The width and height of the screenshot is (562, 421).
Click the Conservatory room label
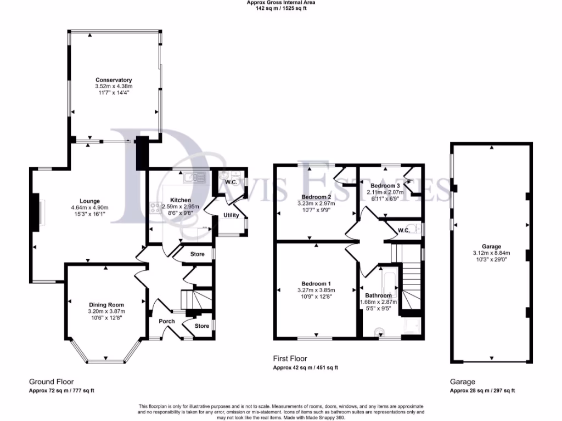tap(114, 80)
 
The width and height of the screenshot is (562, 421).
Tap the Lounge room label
tap(89, 201)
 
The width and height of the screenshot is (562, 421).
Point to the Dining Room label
tap(106, 305)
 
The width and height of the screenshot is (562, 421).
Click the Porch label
tap(166, 321)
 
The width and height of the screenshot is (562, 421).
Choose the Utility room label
tap(231, 215)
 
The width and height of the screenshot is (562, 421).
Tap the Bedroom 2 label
tap(316, 197)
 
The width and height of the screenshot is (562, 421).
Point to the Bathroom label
tap(380, 295)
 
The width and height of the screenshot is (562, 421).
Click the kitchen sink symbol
tap(194, 177)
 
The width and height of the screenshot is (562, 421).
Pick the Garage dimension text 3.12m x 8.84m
tap(491, 253)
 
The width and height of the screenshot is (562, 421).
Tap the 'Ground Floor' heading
tap(51, 382)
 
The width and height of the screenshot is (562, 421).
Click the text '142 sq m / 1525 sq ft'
tap(281, 8)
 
